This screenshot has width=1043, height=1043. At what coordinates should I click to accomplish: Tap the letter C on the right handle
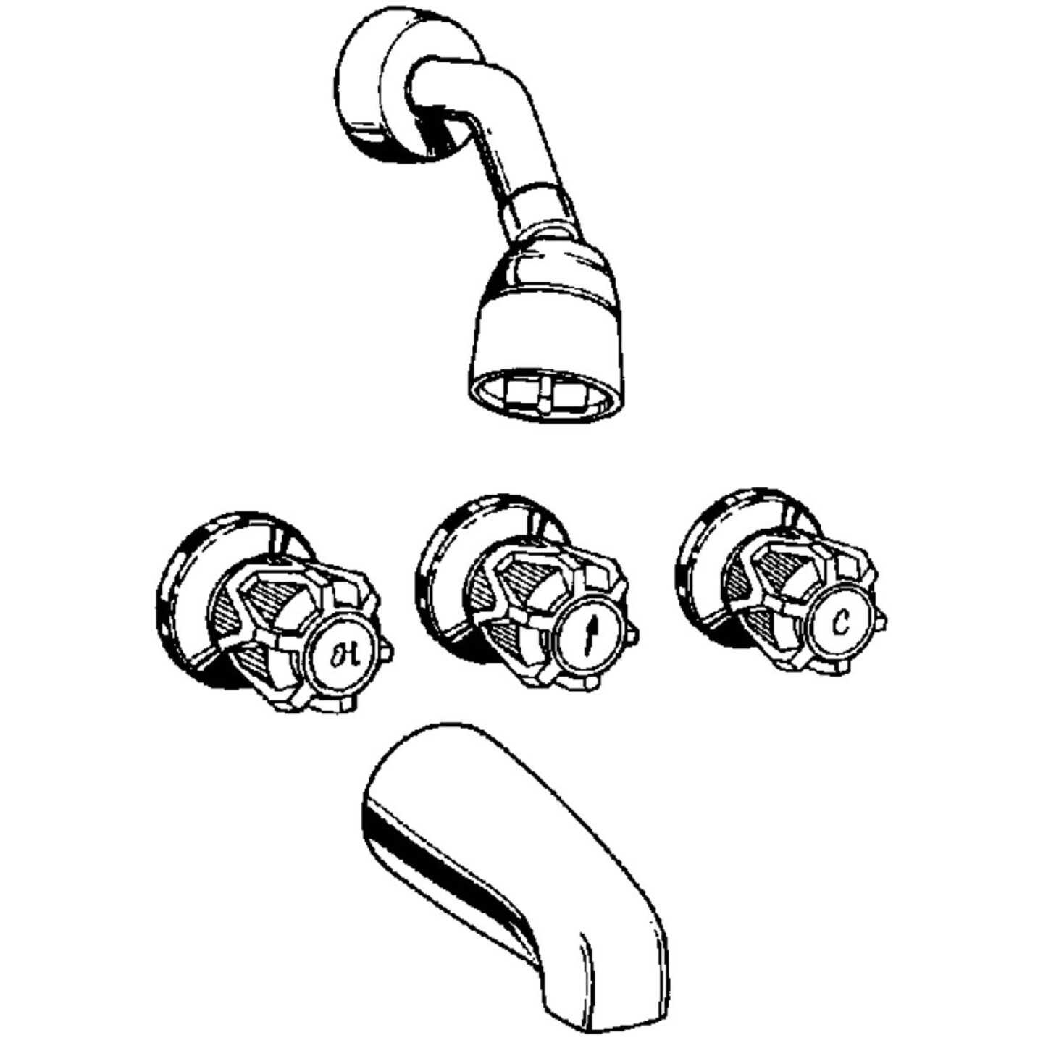click(x=839, y=621)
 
